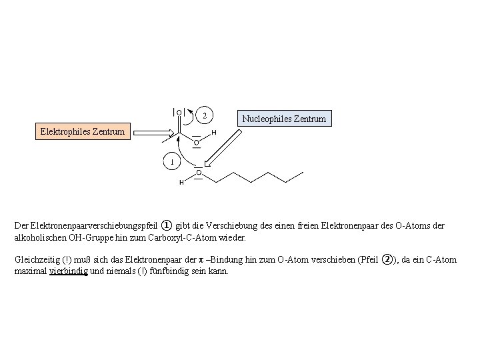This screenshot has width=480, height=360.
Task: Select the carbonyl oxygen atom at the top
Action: click(x=179, y=113)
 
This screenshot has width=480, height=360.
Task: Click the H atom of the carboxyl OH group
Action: click(x=213, y=133)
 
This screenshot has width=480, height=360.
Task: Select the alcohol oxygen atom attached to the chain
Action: click(x=198, y=173)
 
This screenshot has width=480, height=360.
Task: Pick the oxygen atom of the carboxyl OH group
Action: click(x=196, y=142)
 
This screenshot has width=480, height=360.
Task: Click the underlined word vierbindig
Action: click(x=68, y=271)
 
